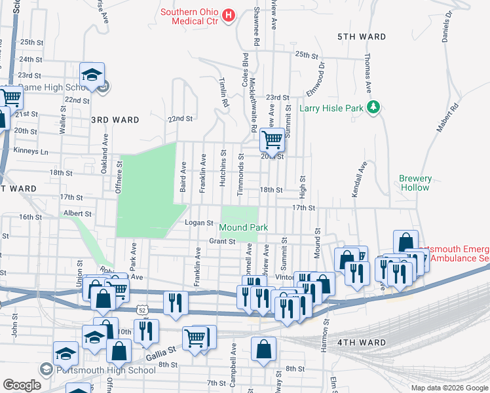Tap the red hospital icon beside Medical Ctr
229,14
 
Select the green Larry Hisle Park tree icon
373,106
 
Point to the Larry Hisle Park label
330,107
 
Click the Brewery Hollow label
415,183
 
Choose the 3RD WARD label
115,120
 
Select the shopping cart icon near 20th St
272,138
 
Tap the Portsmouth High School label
105,370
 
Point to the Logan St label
199,223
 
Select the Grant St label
222,241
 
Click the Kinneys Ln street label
31,151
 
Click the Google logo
22,385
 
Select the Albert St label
77,214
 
